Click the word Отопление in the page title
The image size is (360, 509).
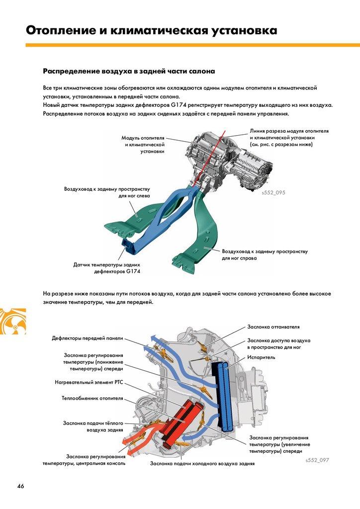point(61,30)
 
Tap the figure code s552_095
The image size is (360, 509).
point(273,192)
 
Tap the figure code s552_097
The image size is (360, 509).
point(317,460)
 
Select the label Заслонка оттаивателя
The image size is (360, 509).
point(273,327)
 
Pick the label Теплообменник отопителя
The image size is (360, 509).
point(92,399)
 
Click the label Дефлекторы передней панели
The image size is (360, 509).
point(87,339)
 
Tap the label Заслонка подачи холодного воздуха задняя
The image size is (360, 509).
point(202,463)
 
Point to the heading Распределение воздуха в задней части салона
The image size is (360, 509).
point(129,71)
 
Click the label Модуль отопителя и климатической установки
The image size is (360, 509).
point(143,144)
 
